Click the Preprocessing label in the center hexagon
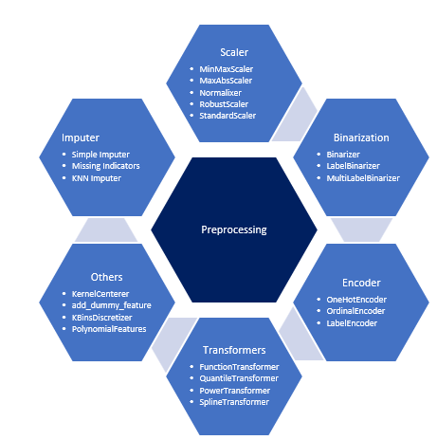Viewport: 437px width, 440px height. coord(234,229)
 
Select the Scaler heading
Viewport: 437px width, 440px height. coord(234,51)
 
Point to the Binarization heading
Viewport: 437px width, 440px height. coord(360,137)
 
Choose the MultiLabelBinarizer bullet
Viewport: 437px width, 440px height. coord(363,177)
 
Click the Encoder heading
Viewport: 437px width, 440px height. coord(360,283)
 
